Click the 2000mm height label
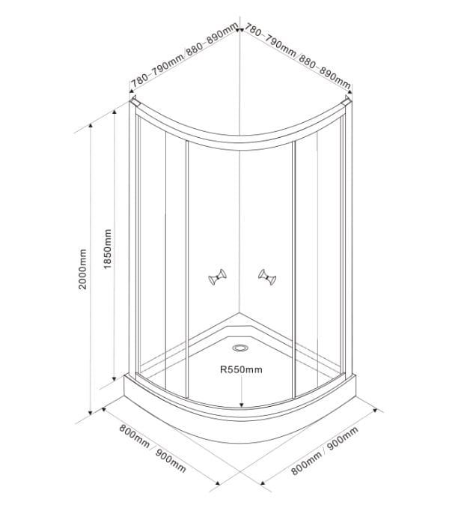[x=82, y=269]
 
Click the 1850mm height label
[x=108, y=249]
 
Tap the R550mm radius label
[x=241, y=369]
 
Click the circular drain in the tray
[x=240, y=348]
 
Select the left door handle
[x=218, y=277]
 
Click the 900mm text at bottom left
[x=171, y=461]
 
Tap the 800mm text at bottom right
[x=306, y=463]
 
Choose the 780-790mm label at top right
[x=270, y=40]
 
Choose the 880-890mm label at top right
[x=325, y=72]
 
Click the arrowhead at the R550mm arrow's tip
[x=241, y=404]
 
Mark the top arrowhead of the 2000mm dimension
[x=91, y=127]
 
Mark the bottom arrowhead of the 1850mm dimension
[x=114, y=377]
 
